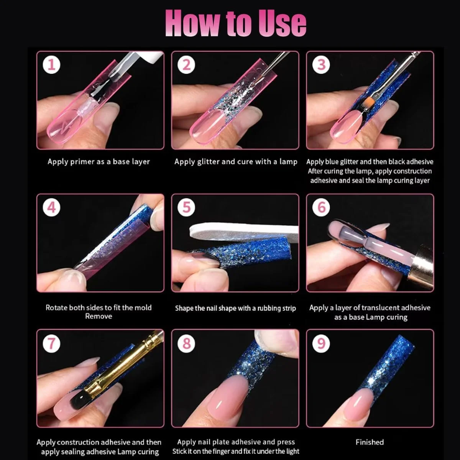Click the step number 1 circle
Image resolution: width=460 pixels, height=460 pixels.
click(52, 65)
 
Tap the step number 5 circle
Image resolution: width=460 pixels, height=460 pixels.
click(186, 207)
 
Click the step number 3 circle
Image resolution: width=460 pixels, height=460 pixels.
click(321, 65)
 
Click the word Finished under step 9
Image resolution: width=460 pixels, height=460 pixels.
click(370, 442)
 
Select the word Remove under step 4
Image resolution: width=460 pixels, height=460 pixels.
click(99, 316)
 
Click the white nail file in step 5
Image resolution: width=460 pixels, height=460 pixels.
click(243, 232)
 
